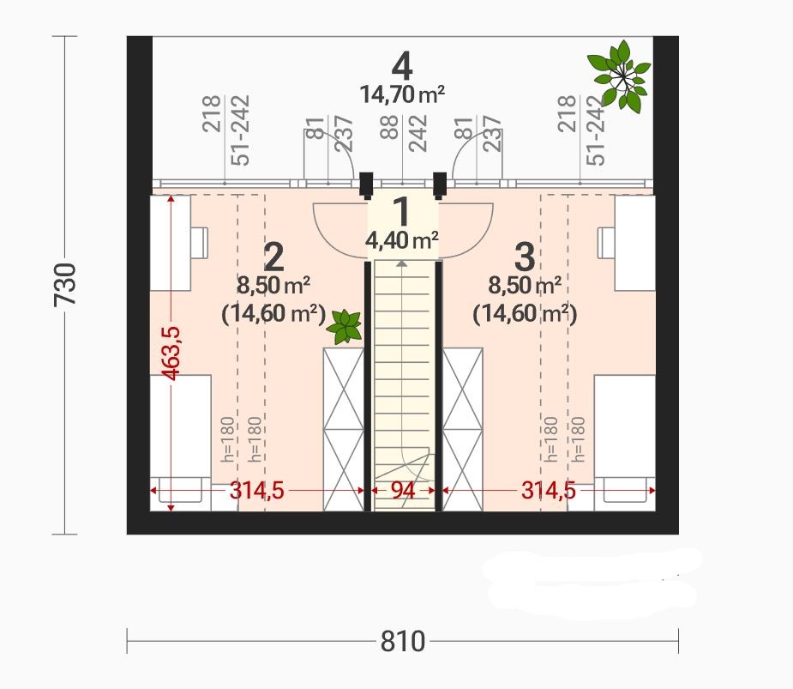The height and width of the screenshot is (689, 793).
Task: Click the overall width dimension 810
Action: tap(403, 642)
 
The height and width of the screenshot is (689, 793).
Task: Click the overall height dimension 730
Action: tap(65, 284)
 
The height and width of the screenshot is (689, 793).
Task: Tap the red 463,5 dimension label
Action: tap(171, 353)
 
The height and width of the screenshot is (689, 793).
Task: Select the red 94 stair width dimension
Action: tap(403, 490)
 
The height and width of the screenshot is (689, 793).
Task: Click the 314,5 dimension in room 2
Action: tap(257, 490)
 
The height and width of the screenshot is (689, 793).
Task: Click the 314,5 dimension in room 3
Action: tap(549, 490)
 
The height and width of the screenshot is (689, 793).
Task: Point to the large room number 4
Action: tap(403, 67)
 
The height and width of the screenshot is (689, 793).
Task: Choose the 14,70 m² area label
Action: tap(403, 94)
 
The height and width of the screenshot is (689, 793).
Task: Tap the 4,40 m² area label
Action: tap(401, 240)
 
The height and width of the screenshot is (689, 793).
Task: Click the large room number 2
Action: tap(273, 257)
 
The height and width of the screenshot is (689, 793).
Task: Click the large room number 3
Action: tap(525, 257)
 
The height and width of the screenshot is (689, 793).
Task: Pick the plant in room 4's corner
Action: tap(619, 76)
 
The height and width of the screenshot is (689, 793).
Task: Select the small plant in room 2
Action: tap(345, 327)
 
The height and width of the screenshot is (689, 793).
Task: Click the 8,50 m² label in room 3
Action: tap(525, 286)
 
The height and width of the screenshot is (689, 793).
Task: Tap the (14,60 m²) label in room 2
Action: tap(273, 314)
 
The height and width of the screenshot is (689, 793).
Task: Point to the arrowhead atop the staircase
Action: tap(401, 263)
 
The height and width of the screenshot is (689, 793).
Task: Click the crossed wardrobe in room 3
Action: tap(463, 430)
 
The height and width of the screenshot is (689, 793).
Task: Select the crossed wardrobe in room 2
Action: tap(344, 430)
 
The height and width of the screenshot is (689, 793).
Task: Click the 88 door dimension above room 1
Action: tap(389, 134)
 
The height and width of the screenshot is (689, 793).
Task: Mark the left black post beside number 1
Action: tap(366, 184)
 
